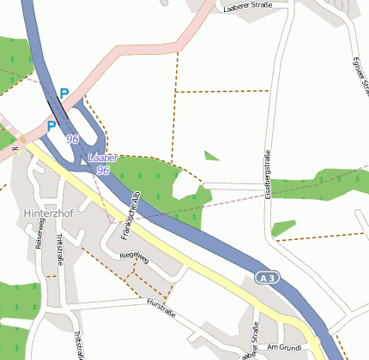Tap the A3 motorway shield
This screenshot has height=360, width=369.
click(x=267, y=277)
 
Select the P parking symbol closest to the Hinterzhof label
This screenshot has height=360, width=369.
click(x=51, y=126)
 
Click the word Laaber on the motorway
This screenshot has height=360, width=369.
click(x=102, y=159)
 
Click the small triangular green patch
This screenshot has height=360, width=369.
click(x=211, y=156)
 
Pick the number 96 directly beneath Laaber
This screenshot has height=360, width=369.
click(x=103, y=171)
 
